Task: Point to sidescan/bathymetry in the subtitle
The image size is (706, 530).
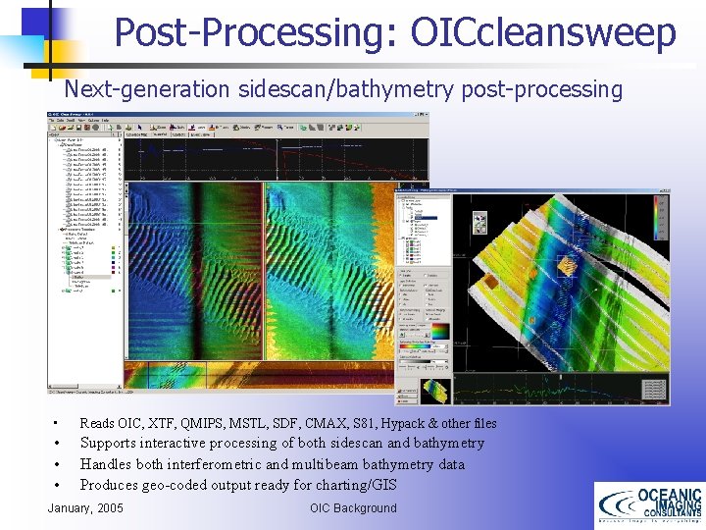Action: click(x=343, y=90)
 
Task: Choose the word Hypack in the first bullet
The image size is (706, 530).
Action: click(x=404, y=423)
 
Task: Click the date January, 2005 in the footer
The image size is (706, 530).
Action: click(x=85, y=507)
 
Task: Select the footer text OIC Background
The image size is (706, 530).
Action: click(x=353, y=507)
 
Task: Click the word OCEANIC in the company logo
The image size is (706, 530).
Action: click(x=670, y=495)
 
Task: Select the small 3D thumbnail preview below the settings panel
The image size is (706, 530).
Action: click(x=435, y=391)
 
